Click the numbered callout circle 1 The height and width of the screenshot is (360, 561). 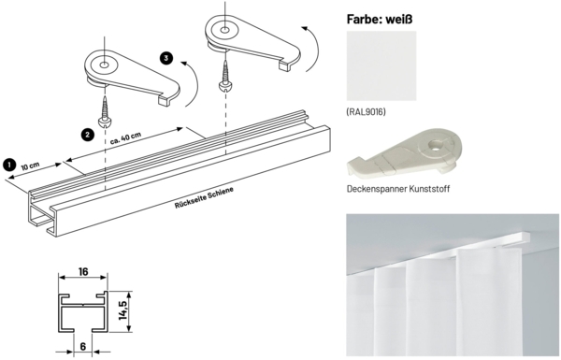click(9, 164)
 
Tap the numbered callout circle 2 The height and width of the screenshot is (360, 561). click(86, 135)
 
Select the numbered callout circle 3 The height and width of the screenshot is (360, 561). click(166, 59)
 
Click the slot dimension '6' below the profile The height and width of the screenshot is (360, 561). click(84, 345)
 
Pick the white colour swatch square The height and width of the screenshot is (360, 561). click(381, 65)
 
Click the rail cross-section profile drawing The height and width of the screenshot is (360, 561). click(84, 309)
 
